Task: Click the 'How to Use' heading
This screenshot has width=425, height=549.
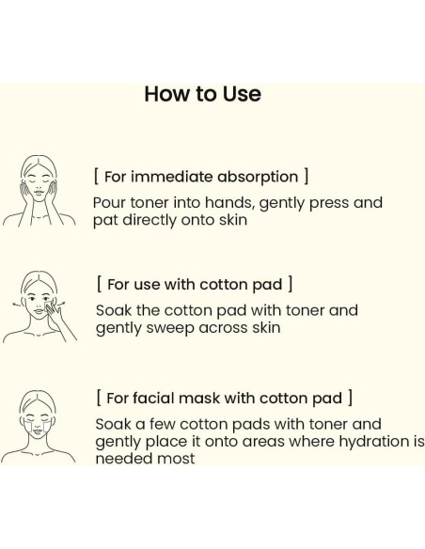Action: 203,94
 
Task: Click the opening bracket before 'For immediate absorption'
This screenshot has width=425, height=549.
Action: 96,176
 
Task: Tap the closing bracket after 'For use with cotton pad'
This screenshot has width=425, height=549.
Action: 290,284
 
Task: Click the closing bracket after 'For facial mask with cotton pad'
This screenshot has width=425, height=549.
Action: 350,398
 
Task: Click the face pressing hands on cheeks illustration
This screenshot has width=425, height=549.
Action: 39,191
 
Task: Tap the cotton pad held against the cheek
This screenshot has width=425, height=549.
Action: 49,306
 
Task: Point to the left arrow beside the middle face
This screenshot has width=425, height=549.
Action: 17,305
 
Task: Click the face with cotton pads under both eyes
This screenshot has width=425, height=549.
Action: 38,427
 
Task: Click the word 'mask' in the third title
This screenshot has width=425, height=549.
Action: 198,399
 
